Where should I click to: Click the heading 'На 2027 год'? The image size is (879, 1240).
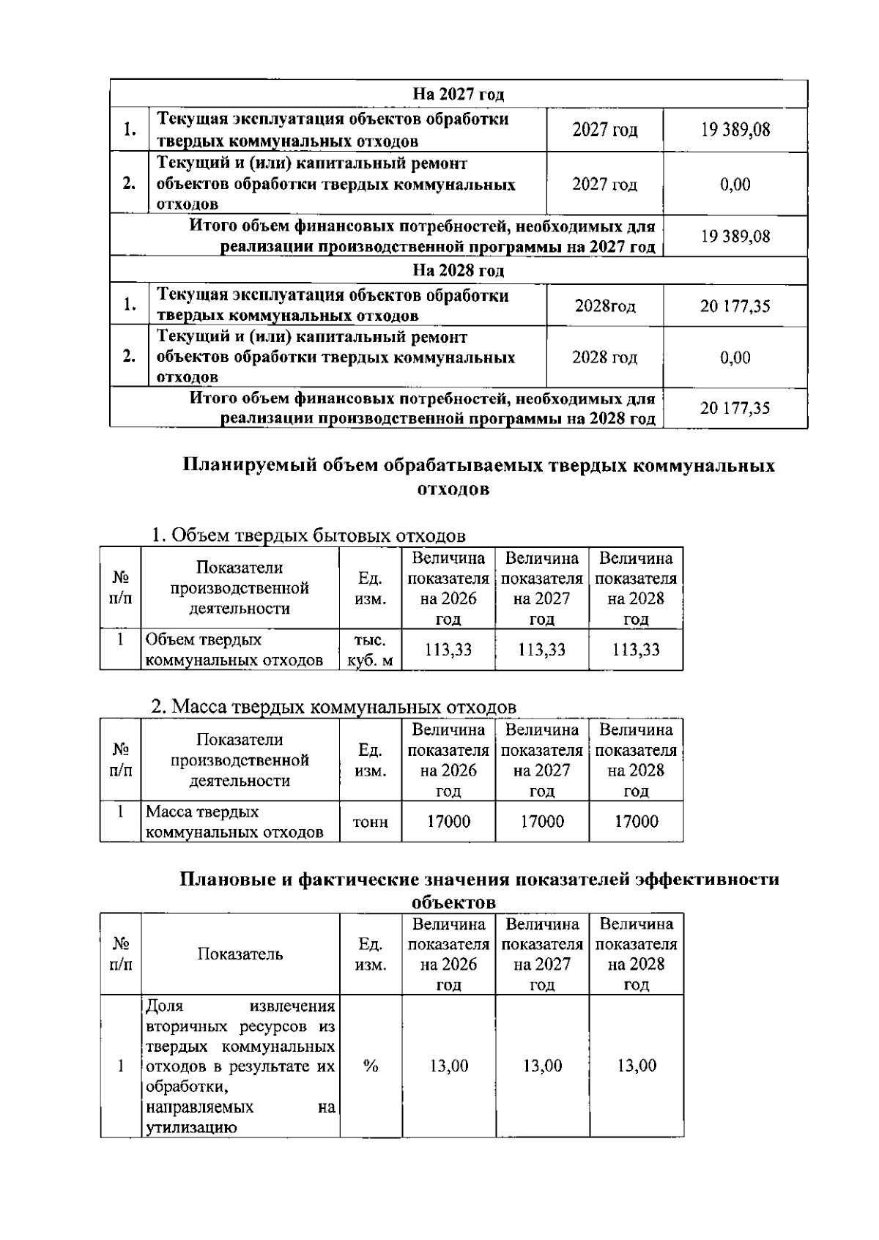(459, 94)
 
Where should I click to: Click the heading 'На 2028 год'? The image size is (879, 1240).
(459, 271)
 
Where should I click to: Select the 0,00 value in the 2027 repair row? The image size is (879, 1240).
(735, 184)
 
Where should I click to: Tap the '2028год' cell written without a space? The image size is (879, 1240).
(605, 306)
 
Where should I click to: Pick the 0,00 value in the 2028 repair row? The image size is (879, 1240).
(735, 357)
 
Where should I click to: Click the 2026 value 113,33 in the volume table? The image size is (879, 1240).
(448, 650)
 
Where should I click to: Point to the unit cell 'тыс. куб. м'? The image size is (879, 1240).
(371, 650)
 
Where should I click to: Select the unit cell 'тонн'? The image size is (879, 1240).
(371, 822)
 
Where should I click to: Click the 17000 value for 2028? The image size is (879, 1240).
(636, 822)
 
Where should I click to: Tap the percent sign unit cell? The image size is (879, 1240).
(371, 1066)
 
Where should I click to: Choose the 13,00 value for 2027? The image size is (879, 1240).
(542, 1066)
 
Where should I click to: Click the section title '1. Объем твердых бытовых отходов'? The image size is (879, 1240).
(308, 535)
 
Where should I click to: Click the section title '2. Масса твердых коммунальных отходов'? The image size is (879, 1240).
(333, 708)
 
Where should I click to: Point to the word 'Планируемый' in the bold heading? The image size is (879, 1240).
(242, 466)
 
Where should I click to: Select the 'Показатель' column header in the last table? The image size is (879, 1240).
(240, 954)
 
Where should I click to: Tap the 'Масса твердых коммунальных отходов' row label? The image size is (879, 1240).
(234, 822)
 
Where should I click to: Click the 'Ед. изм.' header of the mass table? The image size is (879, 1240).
(371, 760)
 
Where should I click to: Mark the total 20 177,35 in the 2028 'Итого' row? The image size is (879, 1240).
(735, 408)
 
